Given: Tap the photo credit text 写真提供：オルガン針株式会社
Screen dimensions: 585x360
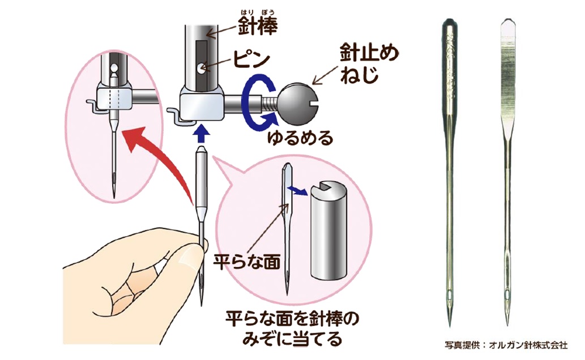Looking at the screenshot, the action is click(506, 345).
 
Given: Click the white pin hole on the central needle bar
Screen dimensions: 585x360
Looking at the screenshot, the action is click(202, 67).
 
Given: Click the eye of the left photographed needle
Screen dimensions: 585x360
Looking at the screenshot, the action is click(450, 295).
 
